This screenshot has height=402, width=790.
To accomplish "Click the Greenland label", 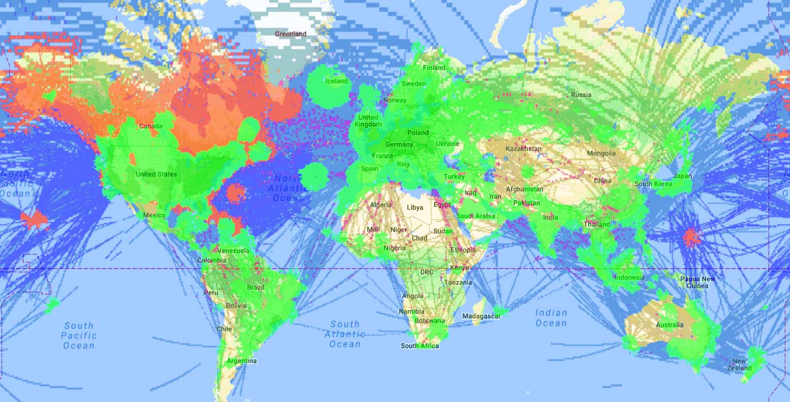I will pyautogui.click(x=290, y=34).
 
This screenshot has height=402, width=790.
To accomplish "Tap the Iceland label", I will pyautogui.click(x=336, y=81).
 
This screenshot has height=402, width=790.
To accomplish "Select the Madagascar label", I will pyautogui.click(x=481, y=316).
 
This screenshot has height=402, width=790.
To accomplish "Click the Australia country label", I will pyautogui.click(x=670, y=325).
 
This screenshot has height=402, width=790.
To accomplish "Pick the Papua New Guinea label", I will pyautogui.click(x=698, y=282).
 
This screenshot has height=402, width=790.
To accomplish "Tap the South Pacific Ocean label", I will pyautogui.click(x=78, y=336).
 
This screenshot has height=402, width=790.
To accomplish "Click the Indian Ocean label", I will pyautogui.click(x=551, y=318).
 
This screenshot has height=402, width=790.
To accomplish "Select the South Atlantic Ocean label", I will pyautogui.click(x=345, y=334).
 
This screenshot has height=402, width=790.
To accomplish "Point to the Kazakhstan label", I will pyautogui.click(x=523, y=149).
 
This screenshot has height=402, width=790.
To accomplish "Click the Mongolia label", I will pyautogui.click(x=602, y=153).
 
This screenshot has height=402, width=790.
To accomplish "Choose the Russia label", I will pyautogui.click(x=581, y=94).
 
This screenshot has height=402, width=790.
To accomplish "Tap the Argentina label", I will pyautogui.click(x=241, y=361).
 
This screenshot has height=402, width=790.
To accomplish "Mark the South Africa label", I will pyautogui.click(x=420, y=346).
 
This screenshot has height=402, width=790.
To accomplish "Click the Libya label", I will pyautogui.click(x=415, y=207).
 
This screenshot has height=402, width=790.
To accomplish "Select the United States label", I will pyautogui.click(x=156, y=174).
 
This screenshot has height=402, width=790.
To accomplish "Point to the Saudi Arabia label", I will pyautogui.click(x=475, y=216).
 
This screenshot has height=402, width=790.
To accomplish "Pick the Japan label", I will pyautogui.click(x=683, y=176).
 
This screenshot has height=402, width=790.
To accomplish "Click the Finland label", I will pyautogui.click(x=434, y=68).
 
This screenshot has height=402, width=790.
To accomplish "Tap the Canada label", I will pyautogui.click(x=151, y=126).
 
